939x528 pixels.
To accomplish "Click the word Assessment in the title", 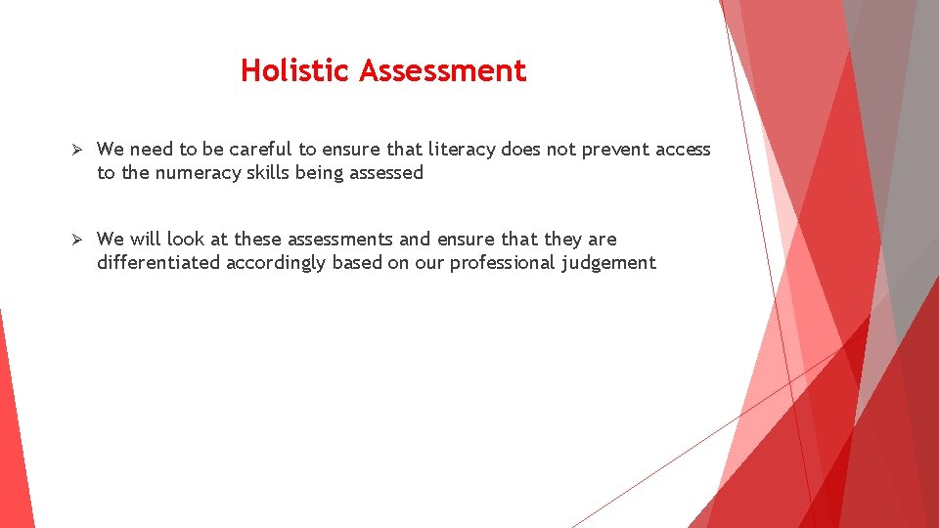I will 442,70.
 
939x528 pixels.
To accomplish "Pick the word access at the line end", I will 683,150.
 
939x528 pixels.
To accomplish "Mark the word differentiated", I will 158,263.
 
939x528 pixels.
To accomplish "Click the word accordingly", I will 276,263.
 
